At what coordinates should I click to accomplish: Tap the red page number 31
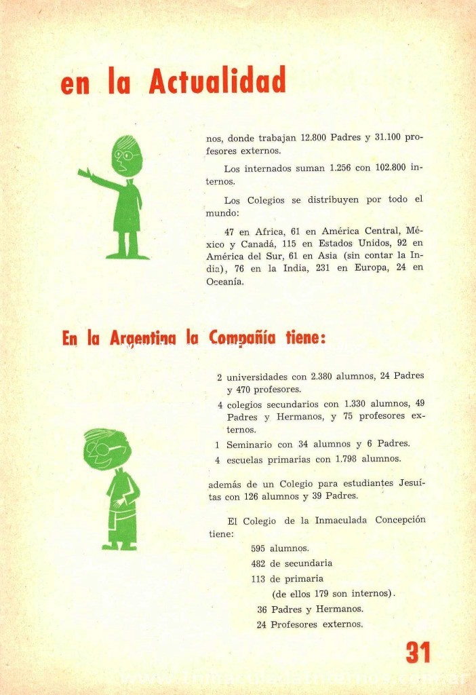pos(418,652)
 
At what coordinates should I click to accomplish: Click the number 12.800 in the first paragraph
pos(311,138)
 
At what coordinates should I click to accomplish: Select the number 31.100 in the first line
pos(390,138)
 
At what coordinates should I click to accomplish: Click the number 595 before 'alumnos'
pos(258,548)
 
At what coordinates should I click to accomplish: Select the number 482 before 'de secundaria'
pos(258,563)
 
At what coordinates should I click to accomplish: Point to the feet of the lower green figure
pos(119,545)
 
